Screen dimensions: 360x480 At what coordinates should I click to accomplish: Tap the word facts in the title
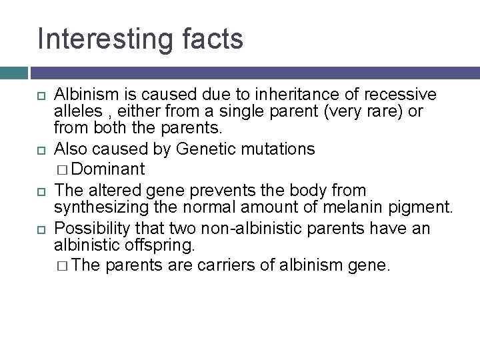tap(213, 38)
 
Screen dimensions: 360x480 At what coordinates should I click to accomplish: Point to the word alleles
tap(76, 110)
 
